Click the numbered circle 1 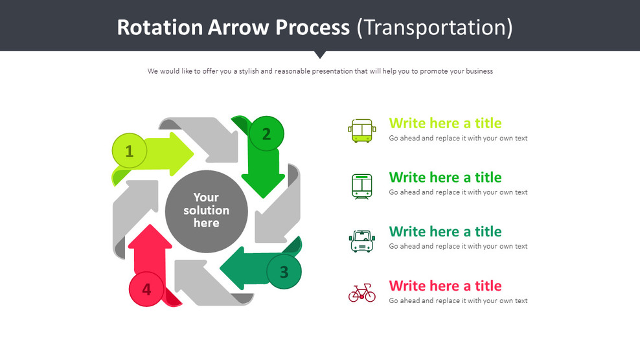[x=130, y=152]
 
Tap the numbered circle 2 [x=266, y=134]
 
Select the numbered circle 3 [x=284, y=272]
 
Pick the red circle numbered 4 [x=147, y=289]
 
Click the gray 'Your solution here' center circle [x=206, y=210]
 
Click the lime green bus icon [x=361, y=130]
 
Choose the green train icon [x=361, y=186]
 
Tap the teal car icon [x=361, y=241]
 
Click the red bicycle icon [x=361, y=294]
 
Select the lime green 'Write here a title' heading [x=445, y=123]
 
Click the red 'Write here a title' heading [x=445, y=286]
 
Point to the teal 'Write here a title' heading [x=445, y=231]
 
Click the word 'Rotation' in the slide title [x=159, y=27]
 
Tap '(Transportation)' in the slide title [x=435, y=27]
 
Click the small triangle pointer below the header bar [x=320, y=54]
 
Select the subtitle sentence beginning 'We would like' [x=320, y=71]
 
